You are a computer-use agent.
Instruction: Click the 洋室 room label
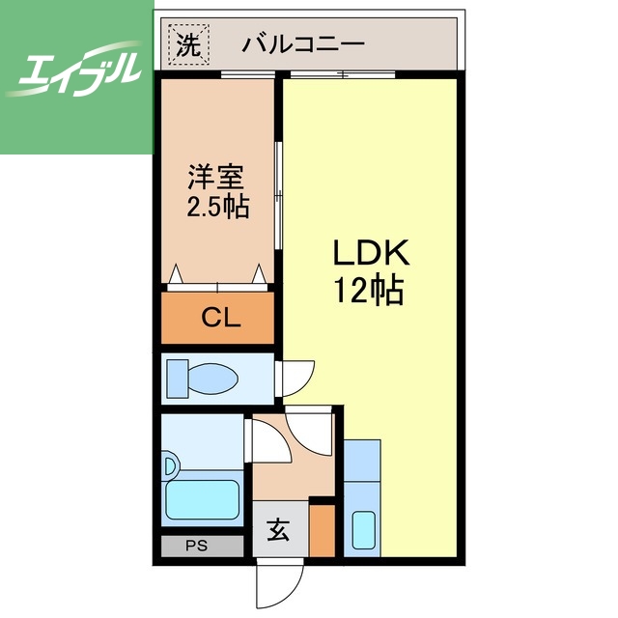(216, 179)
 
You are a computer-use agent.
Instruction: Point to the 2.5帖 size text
(216, 207)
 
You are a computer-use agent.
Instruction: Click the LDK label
(372, 255)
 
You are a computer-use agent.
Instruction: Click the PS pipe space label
(197, 546)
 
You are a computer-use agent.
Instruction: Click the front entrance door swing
(281, 583)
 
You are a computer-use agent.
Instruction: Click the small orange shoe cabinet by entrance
(322, 530)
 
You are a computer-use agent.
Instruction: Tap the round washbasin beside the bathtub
(171, 467)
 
